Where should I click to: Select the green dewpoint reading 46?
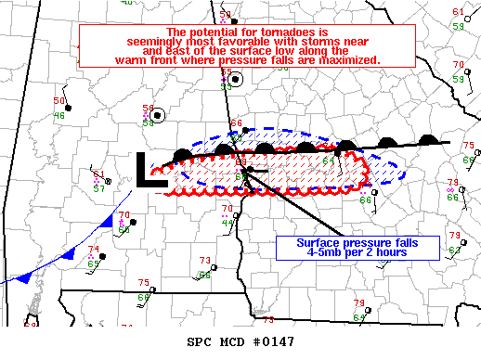click(x=58, y=115)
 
